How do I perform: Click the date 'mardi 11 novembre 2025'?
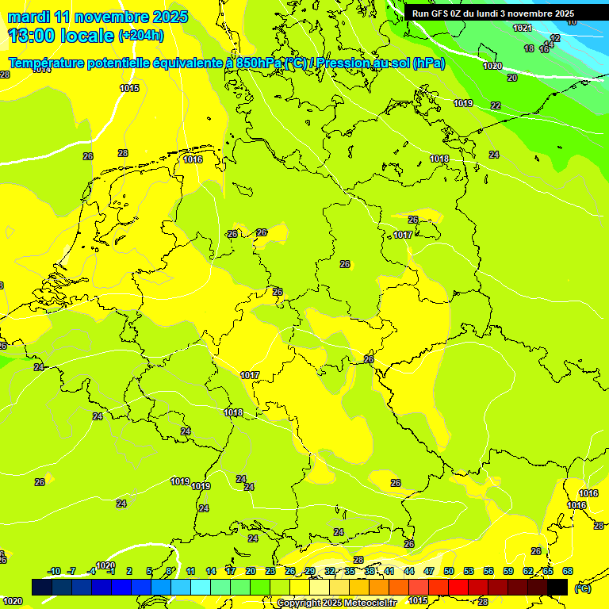98,17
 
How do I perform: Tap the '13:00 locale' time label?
60,35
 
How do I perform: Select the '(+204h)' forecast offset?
141,36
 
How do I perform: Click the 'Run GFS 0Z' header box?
493,13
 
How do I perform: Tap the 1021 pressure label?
522,29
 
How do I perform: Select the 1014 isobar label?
41,70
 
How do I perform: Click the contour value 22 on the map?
496,105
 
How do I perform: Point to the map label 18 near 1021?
529,49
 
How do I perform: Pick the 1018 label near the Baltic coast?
439,159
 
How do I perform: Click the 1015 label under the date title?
130,88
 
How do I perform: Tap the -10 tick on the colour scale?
54,572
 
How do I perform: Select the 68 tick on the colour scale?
568,572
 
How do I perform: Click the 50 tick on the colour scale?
449,572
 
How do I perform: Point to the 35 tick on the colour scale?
350,572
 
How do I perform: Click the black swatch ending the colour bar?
557,587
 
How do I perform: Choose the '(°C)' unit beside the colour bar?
583,588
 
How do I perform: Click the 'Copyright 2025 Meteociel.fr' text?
336,603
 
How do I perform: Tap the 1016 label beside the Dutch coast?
193,159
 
